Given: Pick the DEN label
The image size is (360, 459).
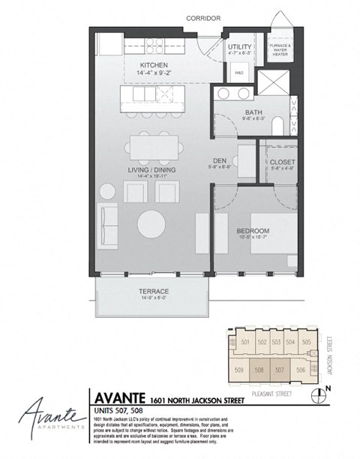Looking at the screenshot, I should pyautogui.click(x=220, y=160).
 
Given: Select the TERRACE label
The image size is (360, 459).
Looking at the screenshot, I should pyautogui.click(x=152, y=290).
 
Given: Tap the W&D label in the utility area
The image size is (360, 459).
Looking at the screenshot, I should pyautogui.click(x=238, y=73).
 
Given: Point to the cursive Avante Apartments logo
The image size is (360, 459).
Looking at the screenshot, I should pyautogui.click(x=42, y=414).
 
